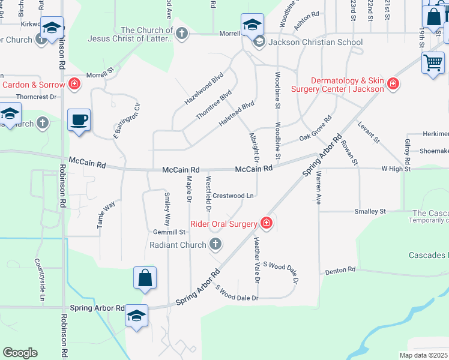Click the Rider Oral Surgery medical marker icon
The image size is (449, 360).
point(266,224)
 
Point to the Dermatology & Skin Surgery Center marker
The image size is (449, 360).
point(393,83)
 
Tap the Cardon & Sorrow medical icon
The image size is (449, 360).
point(74,84)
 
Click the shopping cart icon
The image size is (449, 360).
point(433,62)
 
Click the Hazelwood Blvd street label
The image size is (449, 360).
point(203,89)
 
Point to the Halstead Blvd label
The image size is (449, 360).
point(237,113)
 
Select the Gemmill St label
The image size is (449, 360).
point(169,232)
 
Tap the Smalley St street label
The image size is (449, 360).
point(370,211)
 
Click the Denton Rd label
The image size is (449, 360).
point(340,271)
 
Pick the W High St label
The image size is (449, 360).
point(396,169)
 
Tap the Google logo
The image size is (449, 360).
point(20,353)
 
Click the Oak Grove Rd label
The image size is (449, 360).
point(316,130)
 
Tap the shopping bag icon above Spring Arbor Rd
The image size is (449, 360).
point(145,278)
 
